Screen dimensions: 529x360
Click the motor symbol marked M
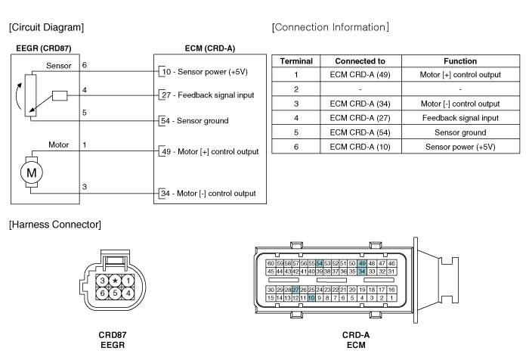(x=32, y=172)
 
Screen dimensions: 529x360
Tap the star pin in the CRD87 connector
(x=115, y=281)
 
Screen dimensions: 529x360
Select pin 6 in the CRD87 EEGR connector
(x=102, y=293)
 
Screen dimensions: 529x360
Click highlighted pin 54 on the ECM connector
(x=319, y=263)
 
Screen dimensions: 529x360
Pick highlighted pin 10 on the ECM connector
(x=311, y=298)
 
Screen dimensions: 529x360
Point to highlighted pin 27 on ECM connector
(x=295, y=290)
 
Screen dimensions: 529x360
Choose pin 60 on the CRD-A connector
(x=271, y=263)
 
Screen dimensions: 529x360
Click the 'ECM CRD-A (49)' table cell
(x=360, y=75)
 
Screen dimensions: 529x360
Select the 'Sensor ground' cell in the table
(x=460, y=132)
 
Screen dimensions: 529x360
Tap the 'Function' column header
(x=460, y=61)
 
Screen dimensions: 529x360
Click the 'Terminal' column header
(x=296, y=61)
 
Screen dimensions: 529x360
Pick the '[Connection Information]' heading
(x=330, y=27)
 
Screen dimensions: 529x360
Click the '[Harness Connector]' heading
(x=55, y=225)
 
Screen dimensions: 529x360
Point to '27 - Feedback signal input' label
(x=208, y=95)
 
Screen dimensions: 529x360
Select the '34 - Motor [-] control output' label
(x=208, y=193)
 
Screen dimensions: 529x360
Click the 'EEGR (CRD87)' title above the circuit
(x=44, y=48)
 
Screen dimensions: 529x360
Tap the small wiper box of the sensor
(x=60, y=96)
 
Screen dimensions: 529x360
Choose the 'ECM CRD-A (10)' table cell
(x=360, y=147)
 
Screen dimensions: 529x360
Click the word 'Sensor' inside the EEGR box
(x=59, y=66)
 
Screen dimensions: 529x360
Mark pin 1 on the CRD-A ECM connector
(x=391, y=298)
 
